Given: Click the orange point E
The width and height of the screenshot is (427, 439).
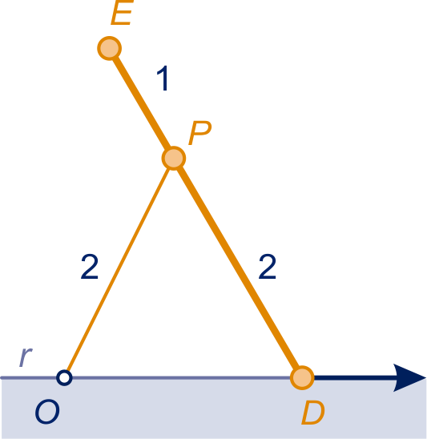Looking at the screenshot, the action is [110, 48].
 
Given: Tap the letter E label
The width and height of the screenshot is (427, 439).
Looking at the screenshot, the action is [122, 13].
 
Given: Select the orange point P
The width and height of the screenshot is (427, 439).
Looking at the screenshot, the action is [174, 158].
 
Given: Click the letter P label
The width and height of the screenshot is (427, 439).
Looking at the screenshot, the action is [200, 133].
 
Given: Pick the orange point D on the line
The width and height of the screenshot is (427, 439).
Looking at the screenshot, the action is [302, 377].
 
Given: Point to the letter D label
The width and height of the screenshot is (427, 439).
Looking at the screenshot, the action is [313, 413].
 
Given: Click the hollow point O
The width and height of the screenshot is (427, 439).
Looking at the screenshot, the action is [64, 377].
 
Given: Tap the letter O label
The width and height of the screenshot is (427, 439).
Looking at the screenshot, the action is [47, 412].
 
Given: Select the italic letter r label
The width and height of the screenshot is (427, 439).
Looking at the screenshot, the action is [26, 356].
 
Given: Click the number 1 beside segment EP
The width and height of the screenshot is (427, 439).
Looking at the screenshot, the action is [163, 79].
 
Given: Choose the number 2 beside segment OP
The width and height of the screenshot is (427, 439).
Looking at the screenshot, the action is [89, 267].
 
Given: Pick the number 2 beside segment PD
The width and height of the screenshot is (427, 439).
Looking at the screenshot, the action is [268, 267].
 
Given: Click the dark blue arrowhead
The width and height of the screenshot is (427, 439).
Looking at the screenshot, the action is [409, 377].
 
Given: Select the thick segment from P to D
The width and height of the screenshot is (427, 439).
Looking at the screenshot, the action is [238, 268].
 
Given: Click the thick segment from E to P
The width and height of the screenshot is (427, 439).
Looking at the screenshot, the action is [142, 103].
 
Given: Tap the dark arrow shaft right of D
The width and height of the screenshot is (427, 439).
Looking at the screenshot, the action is [354, 377].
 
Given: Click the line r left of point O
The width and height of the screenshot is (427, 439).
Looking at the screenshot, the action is [29, 377].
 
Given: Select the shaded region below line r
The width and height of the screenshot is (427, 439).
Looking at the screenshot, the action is [213, 409].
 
